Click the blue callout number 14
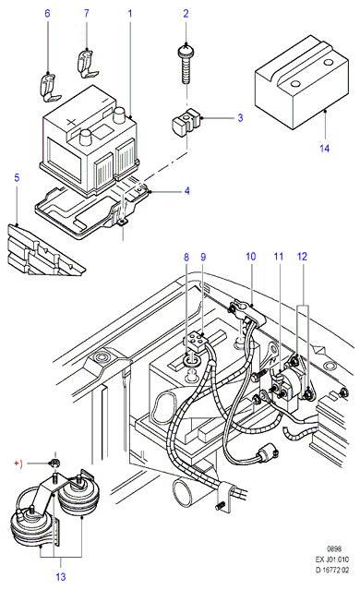324,149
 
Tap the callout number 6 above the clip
47,14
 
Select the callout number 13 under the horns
61,576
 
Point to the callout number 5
17,177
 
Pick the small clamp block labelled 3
186,122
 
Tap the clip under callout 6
50,88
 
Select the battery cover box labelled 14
301,82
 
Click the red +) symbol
18,464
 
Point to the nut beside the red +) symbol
54,464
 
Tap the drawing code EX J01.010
331,560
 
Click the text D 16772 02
331,570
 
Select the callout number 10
250,257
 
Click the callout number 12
302,257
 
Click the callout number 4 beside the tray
187,191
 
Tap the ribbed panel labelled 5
43,249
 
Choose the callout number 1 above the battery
130,14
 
